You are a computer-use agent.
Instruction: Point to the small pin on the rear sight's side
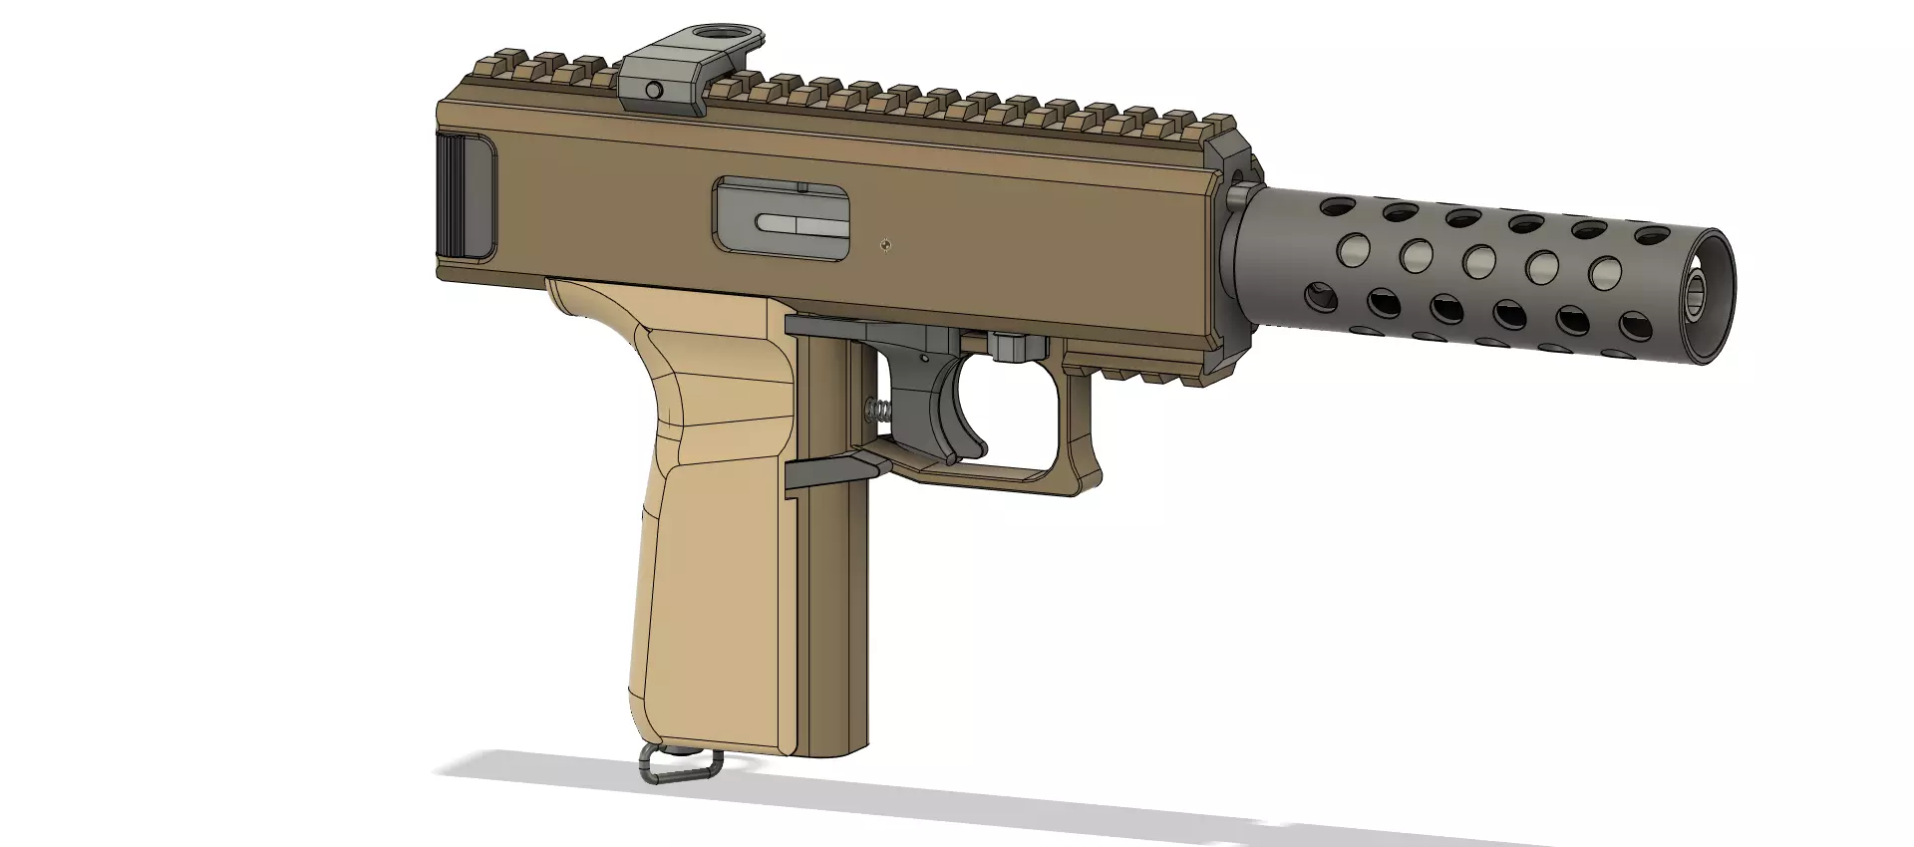(x=653, y=91)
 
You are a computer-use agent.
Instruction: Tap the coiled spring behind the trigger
(x=879, y=409)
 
